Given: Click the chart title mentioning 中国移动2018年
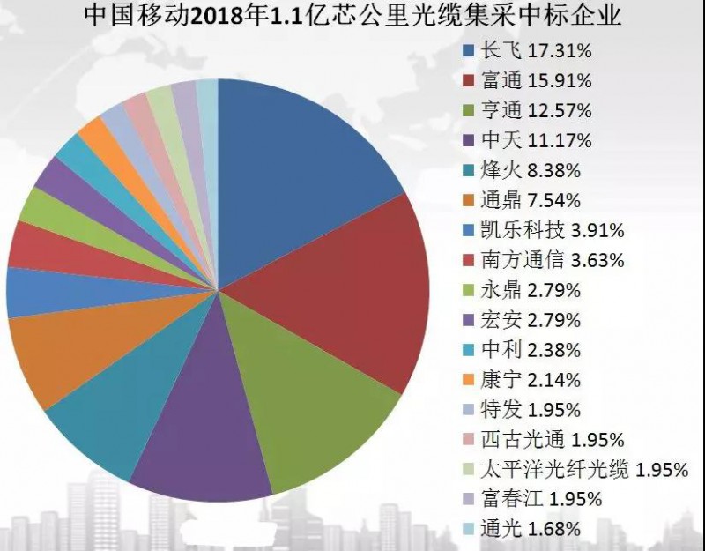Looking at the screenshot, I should coord(352,17).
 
